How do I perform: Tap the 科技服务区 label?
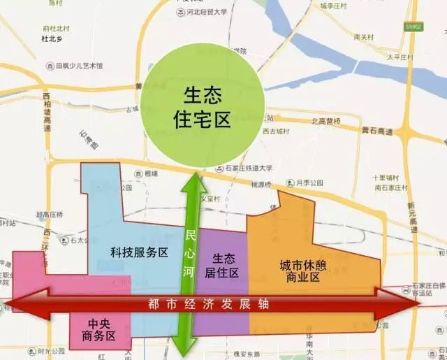(x=140, y=252)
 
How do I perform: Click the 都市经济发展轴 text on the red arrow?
(x=209, y=304)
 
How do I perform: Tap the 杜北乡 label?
(x=53, y=40)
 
